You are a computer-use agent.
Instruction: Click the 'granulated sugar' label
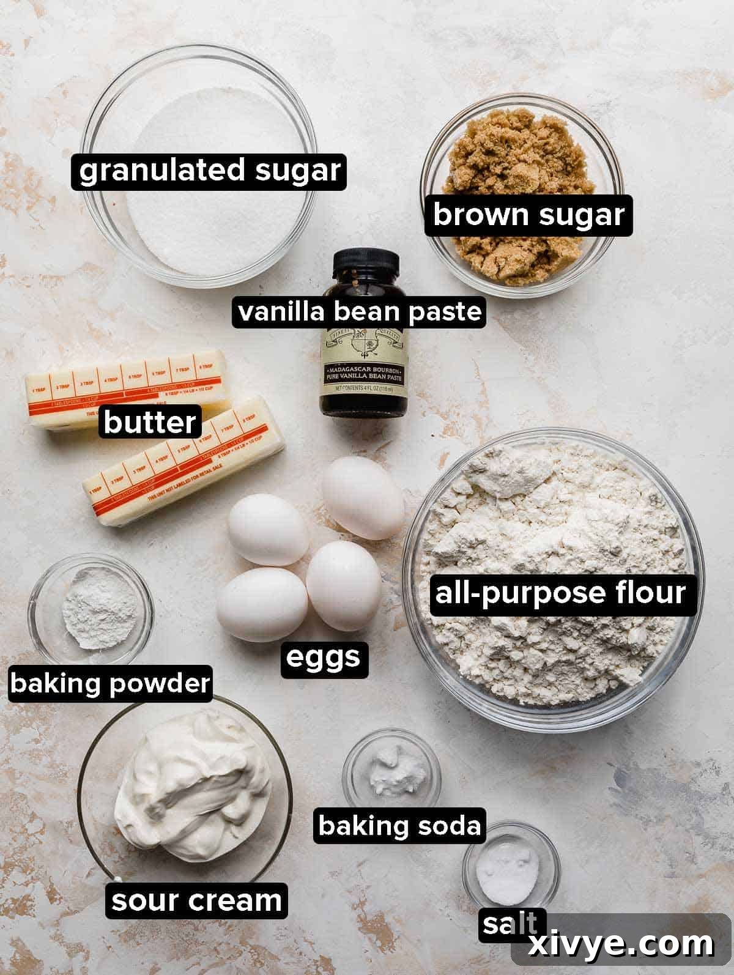point(209,170)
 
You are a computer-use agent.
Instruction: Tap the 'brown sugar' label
point(528,215)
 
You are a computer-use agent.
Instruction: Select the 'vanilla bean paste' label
point(360,312)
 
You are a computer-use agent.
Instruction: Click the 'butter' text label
point(150,422)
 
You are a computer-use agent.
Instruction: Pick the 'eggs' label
point(324,658)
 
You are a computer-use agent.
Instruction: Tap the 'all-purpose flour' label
point(560,593)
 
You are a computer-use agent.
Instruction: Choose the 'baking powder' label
point(110,683)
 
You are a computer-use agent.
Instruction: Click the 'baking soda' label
point(399,826)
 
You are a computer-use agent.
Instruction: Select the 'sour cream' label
point(196,901)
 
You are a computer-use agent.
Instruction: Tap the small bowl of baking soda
point(392,768)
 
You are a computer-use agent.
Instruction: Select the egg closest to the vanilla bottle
point(363,499)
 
